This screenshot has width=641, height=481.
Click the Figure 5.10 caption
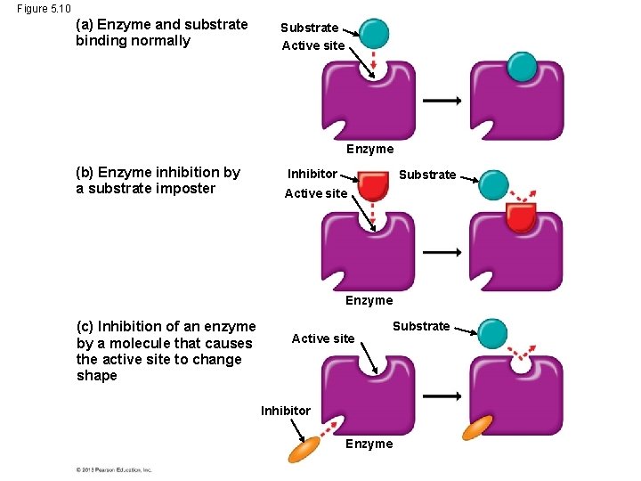coord(43,8)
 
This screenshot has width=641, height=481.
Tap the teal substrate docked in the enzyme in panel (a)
coord(522,66)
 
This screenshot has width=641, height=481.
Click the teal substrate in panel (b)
coord(493,185)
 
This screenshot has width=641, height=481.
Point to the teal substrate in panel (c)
coord(492,332)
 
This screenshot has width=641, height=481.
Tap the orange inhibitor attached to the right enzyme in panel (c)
coord(478,428)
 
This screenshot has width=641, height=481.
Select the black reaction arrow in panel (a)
coord(442,101)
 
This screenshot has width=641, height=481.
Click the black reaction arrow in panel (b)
coord(442,252)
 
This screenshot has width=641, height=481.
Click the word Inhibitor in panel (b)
coord(312,174)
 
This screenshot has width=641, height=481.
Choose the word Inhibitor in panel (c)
coord(286,411)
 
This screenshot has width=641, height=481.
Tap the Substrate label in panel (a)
coord(309,28)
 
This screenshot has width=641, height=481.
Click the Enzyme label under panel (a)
coord(369,149)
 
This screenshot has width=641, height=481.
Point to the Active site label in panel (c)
coord(323,338)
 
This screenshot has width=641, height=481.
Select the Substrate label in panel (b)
coord(427,175)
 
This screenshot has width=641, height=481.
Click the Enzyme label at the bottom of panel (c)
coord(369,444)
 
